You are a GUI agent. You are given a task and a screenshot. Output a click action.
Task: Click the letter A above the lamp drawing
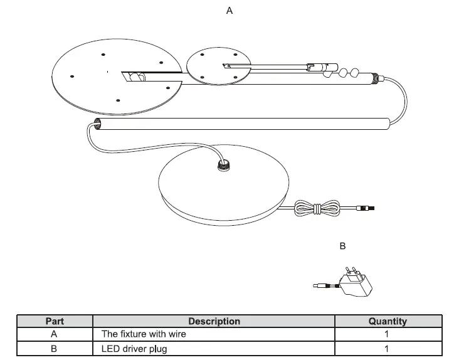click(230, 11)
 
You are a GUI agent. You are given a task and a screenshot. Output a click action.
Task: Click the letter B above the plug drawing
click(342, 246)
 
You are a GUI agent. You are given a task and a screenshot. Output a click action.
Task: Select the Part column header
click(55, 321)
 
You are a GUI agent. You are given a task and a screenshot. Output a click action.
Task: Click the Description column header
click(214, 321)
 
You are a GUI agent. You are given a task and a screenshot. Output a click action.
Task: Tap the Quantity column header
click(387, 321)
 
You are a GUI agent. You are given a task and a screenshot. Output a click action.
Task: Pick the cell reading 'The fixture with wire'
click(144, 334)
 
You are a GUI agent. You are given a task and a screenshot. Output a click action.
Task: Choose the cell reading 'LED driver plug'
click(134, 349)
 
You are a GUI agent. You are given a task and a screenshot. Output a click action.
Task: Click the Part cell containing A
click(55, 334)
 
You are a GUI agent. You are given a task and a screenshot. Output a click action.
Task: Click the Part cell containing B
click(55, 349)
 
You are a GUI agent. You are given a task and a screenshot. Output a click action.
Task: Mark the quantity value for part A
click(387, 334)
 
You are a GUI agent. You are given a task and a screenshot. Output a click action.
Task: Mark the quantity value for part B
click(387, 349)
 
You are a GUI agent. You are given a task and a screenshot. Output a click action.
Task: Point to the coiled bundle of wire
click(318, 208)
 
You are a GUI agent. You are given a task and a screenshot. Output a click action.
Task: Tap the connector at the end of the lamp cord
click(367, 208)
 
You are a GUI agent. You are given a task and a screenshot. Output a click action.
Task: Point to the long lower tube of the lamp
click(245, 124)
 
